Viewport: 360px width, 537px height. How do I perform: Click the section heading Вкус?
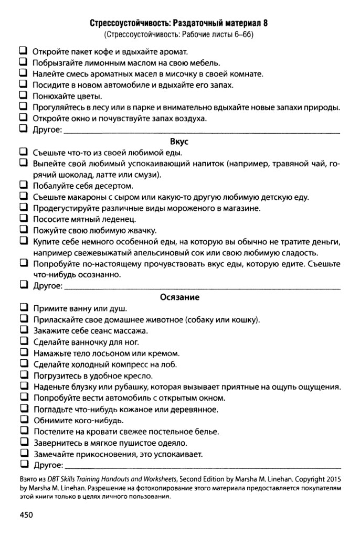tap(179, 142)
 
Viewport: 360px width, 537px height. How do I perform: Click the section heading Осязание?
tap(179, 297)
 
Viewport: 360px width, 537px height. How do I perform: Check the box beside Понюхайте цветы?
tap(24, 96)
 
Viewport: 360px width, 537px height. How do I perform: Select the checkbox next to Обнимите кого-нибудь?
tap(24, 420)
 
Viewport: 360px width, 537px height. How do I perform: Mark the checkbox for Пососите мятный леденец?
tap(24, 219)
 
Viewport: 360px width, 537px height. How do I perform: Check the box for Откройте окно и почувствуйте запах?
tap(24, 118)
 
